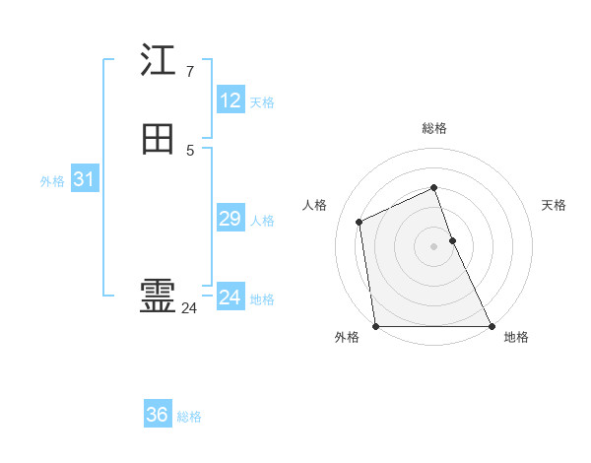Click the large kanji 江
158,61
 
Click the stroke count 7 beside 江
189,72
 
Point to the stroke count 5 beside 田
189,150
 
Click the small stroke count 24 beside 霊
189,308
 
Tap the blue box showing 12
230,100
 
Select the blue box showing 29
230,219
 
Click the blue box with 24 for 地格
230,298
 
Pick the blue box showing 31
84,179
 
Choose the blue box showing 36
158,416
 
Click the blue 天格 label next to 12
262,102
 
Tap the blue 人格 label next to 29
262,221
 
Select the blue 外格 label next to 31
52,181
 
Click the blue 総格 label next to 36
189,418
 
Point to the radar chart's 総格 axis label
434,128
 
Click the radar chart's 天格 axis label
554,205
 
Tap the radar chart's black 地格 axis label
516,338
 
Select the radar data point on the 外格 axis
375,326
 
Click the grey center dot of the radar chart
434,245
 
